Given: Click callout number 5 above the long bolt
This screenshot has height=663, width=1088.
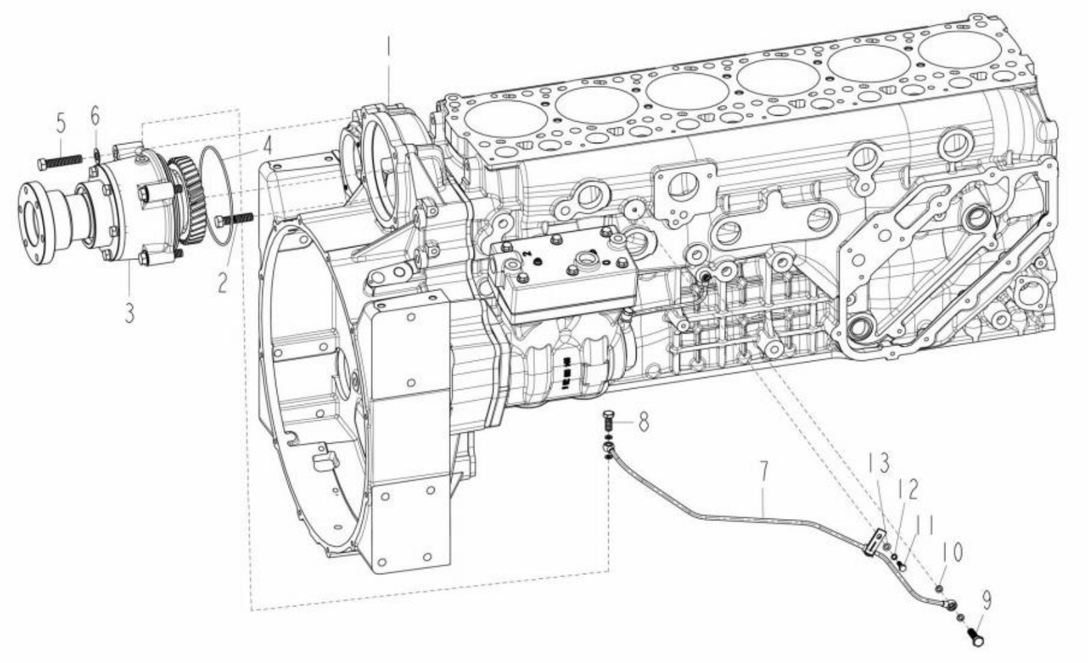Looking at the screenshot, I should click(61, 124).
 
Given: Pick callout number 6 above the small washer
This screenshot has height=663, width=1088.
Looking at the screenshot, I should click(96, 116).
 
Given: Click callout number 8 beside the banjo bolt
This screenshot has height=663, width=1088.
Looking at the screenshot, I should click(643, 421).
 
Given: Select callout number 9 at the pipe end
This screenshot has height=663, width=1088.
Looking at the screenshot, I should click(986, 598).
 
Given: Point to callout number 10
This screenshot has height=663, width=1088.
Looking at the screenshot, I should click(951, 552).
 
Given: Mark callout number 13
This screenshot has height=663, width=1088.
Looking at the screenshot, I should click(879, 463).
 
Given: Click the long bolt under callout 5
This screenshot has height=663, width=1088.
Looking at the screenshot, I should click(60, 161).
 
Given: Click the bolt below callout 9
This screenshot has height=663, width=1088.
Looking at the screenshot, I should click(976, 635).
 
